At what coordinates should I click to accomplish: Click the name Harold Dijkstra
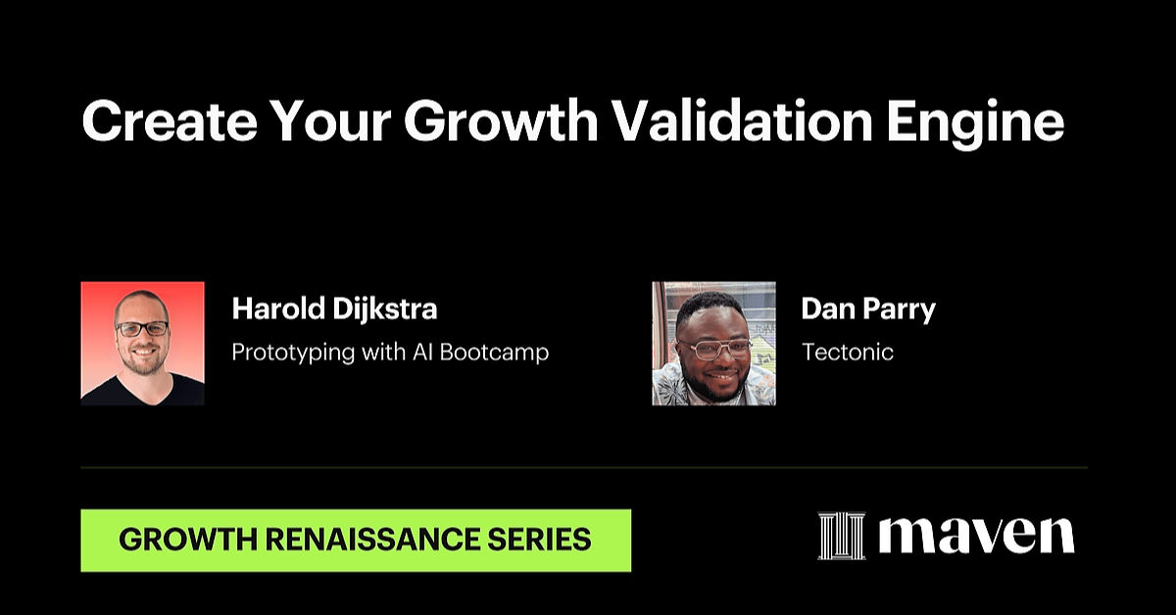334,309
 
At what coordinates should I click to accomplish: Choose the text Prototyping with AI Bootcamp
390,353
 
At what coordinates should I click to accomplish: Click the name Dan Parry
868,309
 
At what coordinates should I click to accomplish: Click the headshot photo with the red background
143,343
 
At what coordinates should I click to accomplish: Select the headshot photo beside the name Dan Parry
713,343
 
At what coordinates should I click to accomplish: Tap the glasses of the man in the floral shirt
715,348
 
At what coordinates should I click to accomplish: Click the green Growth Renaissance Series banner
356,540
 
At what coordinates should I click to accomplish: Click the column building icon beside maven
842,536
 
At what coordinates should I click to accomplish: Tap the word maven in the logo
976,536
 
